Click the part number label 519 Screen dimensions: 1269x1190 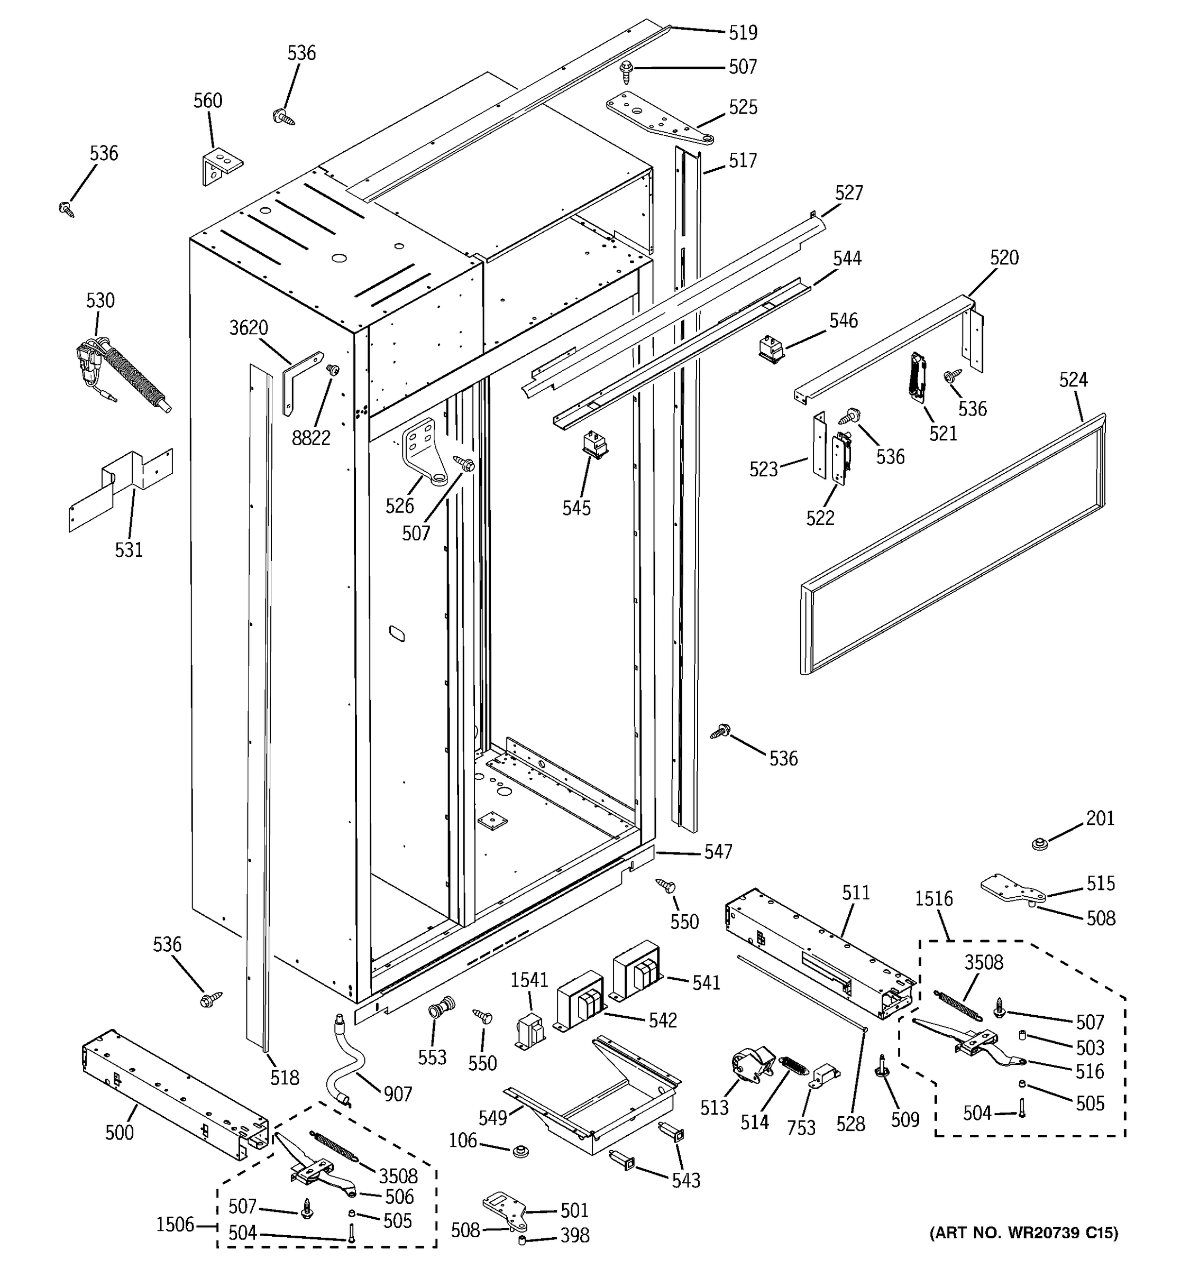coord(743,33)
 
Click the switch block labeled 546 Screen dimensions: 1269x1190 coord(771,350)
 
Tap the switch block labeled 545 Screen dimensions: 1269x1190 coord(595,444)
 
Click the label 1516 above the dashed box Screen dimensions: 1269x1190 coord(933,899)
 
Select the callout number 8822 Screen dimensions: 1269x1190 coord(311,438)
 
